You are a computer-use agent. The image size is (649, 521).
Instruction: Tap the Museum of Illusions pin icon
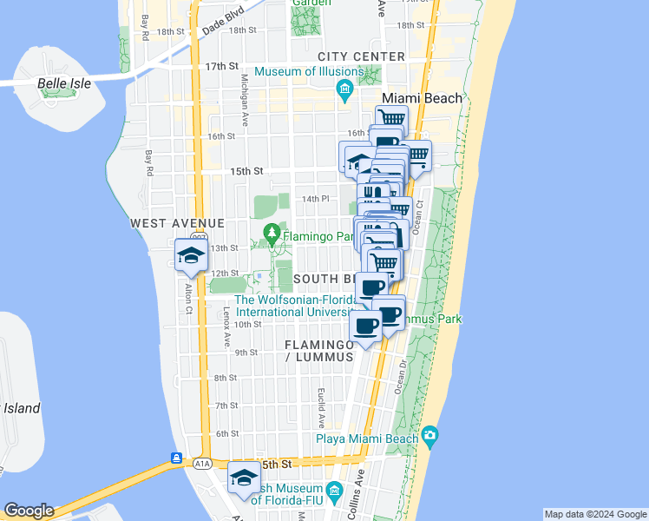pyautogui.click(x=344, y=89)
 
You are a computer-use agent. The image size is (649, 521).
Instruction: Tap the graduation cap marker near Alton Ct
pyautogui.click(x=190, y=255)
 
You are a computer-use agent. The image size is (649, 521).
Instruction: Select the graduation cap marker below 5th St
pyautogui.click(x=244, y=478)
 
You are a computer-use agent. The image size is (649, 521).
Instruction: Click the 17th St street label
pyautogui.click(x=222, y=66)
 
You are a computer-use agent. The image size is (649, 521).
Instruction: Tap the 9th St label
pyautogui.click(x=246, y=352)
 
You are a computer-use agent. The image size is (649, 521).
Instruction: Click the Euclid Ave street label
pyautogui.click(x=322, y=407)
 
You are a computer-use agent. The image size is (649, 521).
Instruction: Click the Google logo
pyautogui.click(x=28, y=511)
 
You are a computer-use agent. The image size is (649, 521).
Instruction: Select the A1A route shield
pyautogui.click(x=202, y=465)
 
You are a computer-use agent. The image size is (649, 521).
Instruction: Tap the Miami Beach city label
pyautogui.click(x=423, y=98)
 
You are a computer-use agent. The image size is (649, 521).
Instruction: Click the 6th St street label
pyautogui.click(x=226, y=433)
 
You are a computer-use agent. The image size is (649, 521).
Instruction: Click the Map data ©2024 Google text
pyautogui.click(x=595, y=514)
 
